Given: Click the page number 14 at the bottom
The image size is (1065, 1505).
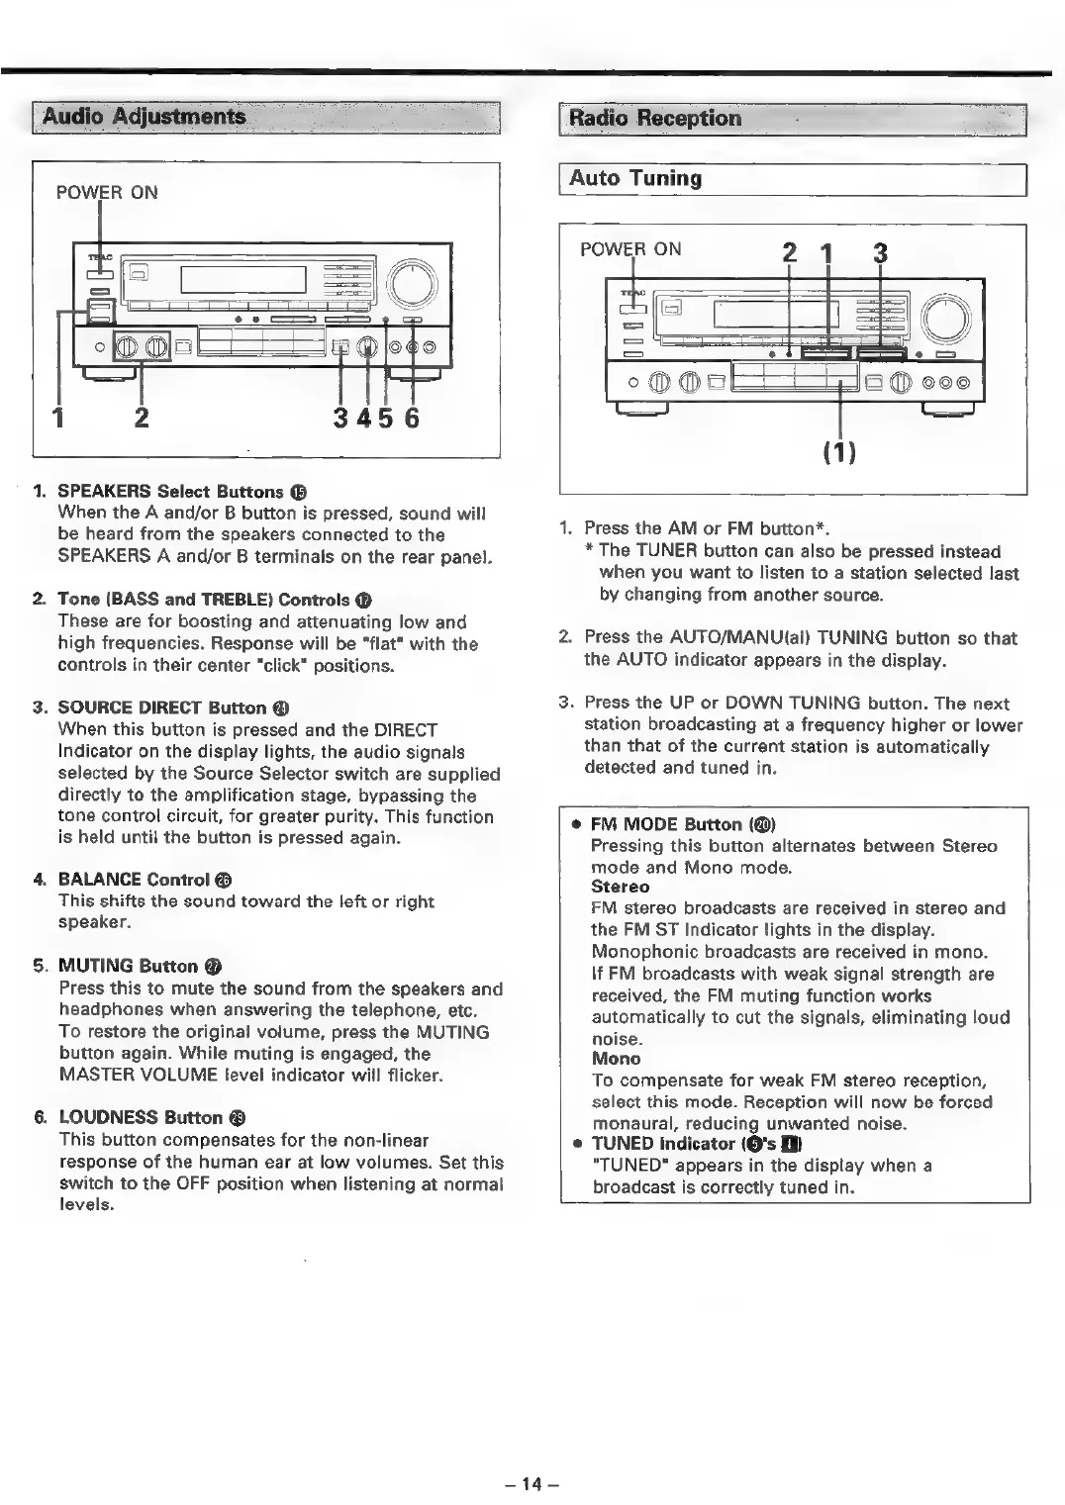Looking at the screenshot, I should point(532,1483).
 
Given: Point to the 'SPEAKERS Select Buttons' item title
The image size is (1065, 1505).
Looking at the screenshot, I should point(170,492).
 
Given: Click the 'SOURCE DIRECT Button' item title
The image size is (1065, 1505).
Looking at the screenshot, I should point(162,707).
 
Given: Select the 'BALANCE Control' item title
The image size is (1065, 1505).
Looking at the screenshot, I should point(134,880).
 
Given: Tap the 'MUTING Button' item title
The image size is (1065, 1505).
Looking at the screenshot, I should point(129,966).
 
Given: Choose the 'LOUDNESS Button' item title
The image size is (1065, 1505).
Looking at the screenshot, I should point(140,1117).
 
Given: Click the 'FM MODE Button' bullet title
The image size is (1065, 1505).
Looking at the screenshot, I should point(666,824).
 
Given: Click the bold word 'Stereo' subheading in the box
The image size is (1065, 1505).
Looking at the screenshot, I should point(620,887).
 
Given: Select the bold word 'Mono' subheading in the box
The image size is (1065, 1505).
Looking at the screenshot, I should point(615,1059).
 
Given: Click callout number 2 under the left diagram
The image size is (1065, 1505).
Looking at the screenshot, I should point(142,419).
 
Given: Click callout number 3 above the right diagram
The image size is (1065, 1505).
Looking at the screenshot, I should point(880,253).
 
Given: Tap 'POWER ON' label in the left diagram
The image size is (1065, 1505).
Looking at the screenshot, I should point(107,192).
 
